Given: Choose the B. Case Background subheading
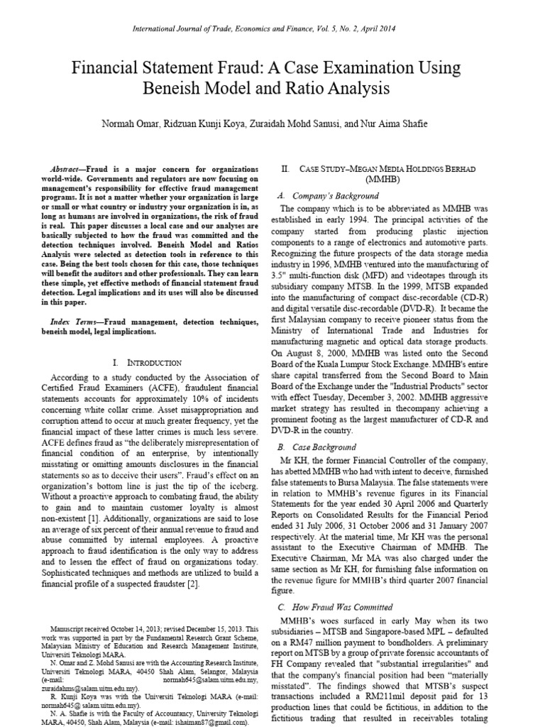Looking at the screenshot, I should pos(316,447).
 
